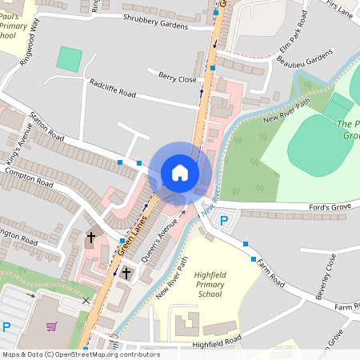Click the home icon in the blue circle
pos(180,172)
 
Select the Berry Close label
pos(177,78)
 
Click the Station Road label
pos(46,126)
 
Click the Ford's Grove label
pos(330,209)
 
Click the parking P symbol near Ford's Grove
pos(224,221)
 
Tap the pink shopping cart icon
pos(52,326)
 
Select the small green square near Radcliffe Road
pos(70,58)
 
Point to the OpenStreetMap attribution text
pos(80,354)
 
